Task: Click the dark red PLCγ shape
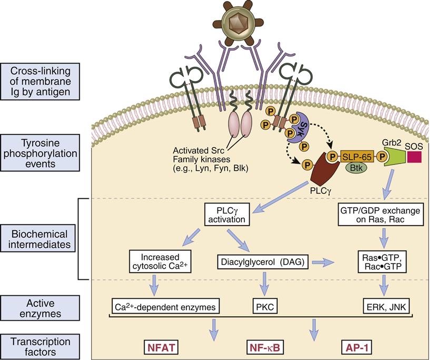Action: point(323,174)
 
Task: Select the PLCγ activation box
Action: point(228,216)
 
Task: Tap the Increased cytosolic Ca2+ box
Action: point(158,260)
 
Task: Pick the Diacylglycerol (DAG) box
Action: point(262,260)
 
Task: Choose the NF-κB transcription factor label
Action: point(263,347)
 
